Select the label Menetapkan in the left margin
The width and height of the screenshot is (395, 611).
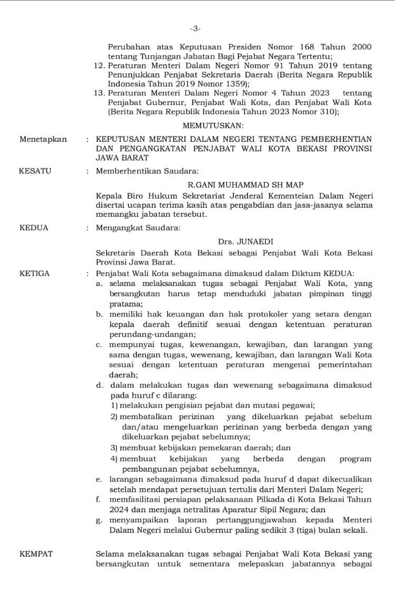pos(43,139)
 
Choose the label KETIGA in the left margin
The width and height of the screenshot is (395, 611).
pos(35,273)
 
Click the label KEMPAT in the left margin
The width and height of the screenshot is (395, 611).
pos(36,554)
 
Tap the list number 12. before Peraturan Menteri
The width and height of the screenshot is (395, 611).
pos(98,65)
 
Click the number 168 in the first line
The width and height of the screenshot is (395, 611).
pos(309,47)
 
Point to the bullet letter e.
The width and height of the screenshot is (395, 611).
pos(98,479)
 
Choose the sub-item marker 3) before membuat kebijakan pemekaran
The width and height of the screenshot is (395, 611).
pos(114,448)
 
